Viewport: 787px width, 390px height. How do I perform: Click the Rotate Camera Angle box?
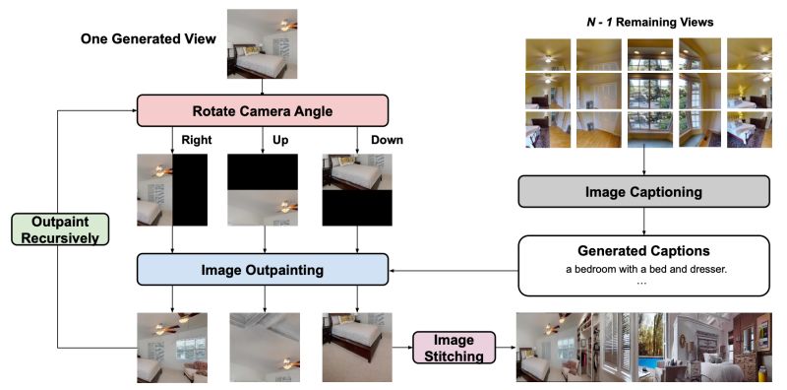point(261,111)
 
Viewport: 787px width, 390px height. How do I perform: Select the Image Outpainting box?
point(261,268)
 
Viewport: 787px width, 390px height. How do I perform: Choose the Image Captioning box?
point(643,192)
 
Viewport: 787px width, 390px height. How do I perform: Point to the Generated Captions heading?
point(643,250)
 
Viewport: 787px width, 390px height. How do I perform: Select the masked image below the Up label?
point(261,190)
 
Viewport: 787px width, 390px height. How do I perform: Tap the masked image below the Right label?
point(172,190)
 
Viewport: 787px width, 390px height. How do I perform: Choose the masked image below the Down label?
point(357,190)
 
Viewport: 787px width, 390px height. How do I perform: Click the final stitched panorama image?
point(644,348)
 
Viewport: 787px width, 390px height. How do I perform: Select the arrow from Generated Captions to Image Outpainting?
point(454,268)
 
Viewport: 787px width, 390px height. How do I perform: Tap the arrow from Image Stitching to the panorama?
point(502,347)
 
